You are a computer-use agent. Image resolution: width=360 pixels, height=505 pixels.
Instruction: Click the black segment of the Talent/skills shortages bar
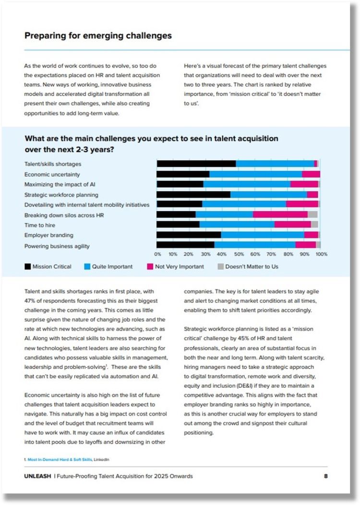pos(196,164)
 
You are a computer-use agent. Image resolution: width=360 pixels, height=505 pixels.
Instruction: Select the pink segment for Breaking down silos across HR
pos(280,215)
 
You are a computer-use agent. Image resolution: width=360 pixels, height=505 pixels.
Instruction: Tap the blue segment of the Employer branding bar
pos(263,235)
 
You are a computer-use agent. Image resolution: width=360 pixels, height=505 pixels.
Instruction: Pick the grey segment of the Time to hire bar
pos(314,225)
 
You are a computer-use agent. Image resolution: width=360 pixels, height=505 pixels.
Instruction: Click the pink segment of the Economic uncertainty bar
pos(311,174)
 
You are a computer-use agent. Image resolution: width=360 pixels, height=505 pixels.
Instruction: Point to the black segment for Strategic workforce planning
pos(193,194)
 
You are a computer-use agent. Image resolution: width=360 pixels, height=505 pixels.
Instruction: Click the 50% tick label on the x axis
pos(239,254)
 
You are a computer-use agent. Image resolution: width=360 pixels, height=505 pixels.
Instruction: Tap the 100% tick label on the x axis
pos(321,254)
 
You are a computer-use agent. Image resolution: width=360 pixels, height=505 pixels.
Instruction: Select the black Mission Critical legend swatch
pos(28,267)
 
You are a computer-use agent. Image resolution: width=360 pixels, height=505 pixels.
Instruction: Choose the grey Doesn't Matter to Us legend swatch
pos(221,267)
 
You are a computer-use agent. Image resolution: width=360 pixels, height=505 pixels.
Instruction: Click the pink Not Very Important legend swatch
pos(150,267)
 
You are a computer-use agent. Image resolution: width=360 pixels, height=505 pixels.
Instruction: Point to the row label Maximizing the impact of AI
pos(60,184)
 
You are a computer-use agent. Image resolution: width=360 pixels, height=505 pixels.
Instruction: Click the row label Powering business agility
pos(57,246)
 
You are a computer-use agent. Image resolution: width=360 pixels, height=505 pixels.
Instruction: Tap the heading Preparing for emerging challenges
pos(98,36)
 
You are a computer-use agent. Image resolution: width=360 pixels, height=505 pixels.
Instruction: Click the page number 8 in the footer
pos(326,476)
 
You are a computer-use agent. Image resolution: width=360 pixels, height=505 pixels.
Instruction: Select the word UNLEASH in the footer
pos(37,476)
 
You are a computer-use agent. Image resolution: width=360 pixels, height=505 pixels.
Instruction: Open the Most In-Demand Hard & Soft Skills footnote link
pos(60,459)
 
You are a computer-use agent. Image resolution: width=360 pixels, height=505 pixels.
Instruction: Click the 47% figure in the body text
pos(30,301)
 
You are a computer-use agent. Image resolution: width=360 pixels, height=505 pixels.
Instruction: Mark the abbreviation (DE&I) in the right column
pos(254,386)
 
